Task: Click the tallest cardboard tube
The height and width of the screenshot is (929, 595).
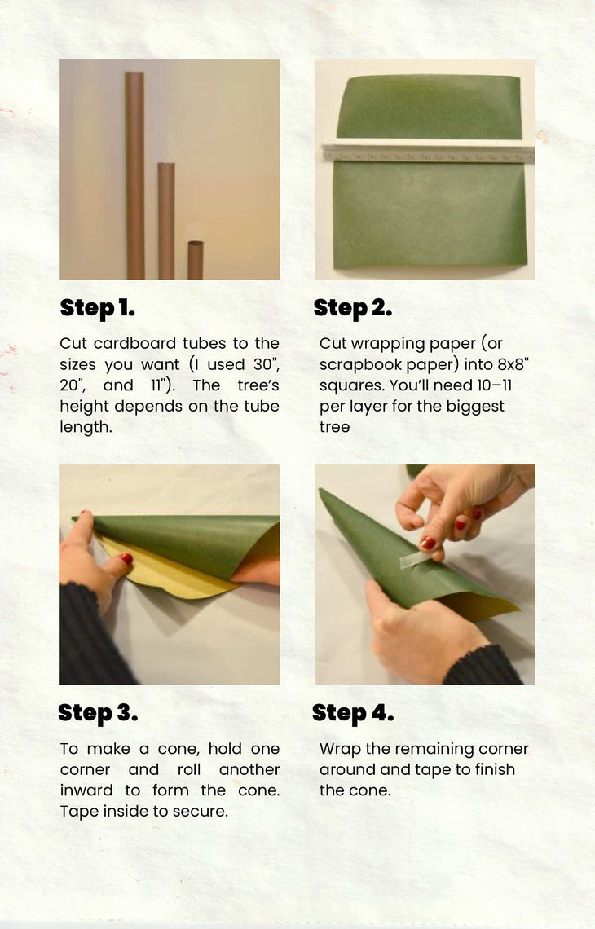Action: pyautogui.click(x=134, y=174)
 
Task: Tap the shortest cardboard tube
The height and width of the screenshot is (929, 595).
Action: pyautogui.click(x=196, y=259)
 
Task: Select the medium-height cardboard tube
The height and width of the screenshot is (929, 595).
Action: pyautogui.click(x=166, y=220)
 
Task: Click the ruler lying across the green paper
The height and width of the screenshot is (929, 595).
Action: pyautogui.click(x=429, y=151)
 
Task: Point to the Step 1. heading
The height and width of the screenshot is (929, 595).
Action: pyautogui.click(x=97, y=308)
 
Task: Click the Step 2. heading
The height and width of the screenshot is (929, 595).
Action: pyautogui.click(x=353, y=308)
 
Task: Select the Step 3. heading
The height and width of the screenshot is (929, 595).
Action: pyautogui.click(x=98, y=713)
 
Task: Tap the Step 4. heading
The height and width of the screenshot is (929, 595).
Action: pyautogui.click(x=353, y=713)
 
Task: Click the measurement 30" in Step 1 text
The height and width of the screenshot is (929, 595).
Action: pyautogui.click(x=267, y=363)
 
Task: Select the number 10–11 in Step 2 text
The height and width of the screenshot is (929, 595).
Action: pyautogui.click(x=494, y=385)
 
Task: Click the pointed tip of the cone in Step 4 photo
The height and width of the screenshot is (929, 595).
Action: pyautogui.click(x=320, y=490)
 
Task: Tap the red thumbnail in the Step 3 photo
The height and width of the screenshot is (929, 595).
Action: pyautogui.click(x=126, y=557)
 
